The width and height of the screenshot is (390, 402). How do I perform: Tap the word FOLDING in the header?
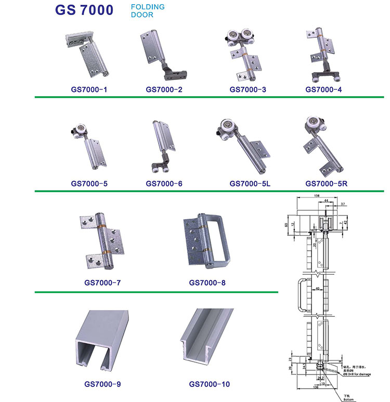point(147,7)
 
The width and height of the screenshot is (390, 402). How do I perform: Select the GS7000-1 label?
point(89,89)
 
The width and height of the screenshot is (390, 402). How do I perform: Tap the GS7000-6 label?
point(164,183)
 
